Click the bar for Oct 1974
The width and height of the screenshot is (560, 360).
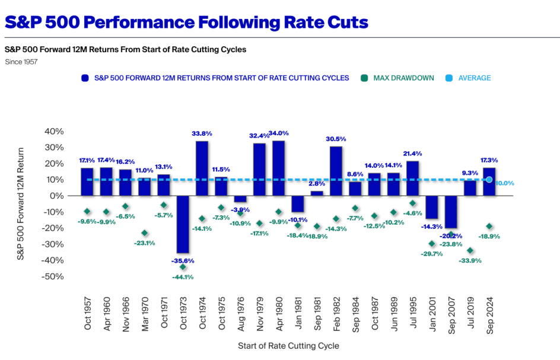coord(202,168)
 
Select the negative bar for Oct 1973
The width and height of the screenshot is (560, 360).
coord(183,224)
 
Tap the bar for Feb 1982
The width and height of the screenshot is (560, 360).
coord(336,171)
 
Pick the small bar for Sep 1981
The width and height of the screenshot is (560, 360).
coord(317,193)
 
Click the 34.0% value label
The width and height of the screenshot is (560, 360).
coord(278,133)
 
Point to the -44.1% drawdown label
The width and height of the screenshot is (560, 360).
coord(183,276)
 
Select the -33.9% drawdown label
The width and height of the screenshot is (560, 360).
coord(470,260)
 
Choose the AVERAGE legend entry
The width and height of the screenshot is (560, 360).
coord(474,78)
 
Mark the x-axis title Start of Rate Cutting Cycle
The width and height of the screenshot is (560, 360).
coord(288,345)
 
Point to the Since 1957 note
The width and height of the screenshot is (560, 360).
coord(21,62)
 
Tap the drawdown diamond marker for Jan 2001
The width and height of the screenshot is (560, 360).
coord(431,244)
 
